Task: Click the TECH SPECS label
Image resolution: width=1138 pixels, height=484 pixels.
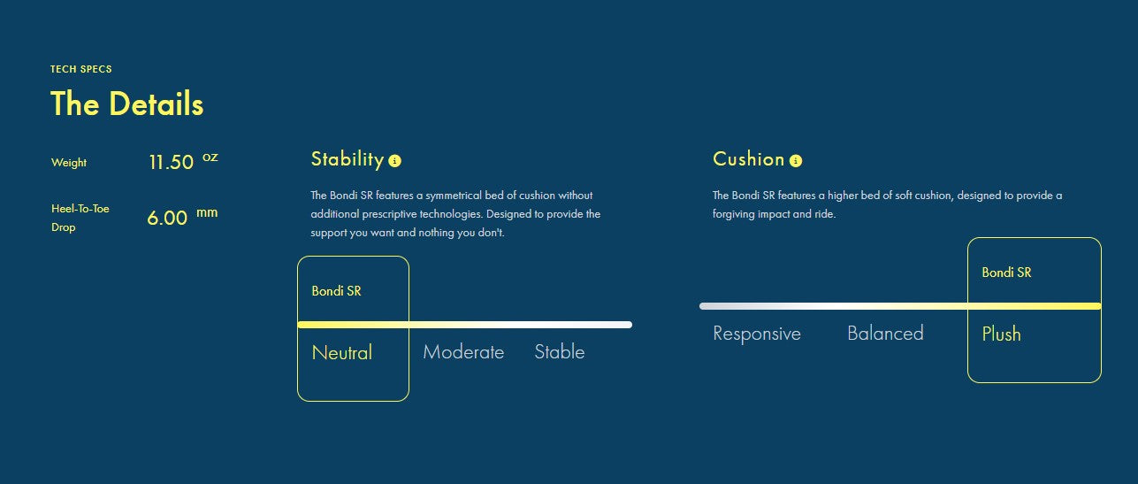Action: coord(80,69)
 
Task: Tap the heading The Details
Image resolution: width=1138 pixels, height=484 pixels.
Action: coord(127,104)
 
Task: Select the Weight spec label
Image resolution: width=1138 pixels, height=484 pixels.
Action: coord(69,163)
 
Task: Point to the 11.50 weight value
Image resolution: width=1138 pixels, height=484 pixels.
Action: coord(172,162)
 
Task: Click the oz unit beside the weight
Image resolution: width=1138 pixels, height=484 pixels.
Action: coord(210,157)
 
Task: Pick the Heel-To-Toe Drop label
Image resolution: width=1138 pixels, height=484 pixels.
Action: coord(80,218)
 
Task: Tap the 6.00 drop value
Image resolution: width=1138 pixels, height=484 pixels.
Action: coord(167,218)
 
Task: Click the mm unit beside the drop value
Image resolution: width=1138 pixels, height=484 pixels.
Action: coord(207,212)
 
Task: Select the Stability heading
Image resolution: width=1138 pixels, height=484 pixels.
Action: coord(348,159)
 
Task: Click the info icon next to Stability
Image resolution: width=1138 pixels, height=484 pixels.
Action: coord(394,161)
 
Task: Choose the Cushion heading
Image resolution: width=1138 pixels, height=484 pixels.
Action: coord(748,159)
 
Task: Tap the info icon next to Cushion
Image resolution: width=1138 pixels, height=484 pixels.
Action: coord(796,161)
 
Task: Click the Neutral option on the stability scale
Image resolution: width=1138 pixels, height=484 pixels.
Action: coord(342,352)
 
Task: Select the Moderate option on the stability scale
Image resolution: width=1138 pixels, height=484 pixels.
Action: coord(463,352)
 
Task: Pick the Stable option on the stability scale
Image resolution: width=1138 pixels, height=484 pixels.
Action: coord(560,352)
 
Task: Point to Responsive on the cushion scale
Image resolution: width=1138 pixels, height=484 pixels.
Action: coord(757,334)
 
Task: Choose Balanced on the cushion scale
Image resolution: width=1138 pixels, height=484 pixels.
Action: coord(885,334)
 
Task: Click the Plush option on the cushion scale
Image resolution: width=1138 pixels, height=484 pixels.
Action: coord(1001,334)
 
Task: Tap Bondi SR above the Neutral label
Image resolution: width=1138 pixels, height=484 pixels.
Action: coord(336,291)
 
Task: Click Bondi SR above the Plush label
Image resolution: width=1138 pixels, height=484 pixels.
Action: coord(1006,273)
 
